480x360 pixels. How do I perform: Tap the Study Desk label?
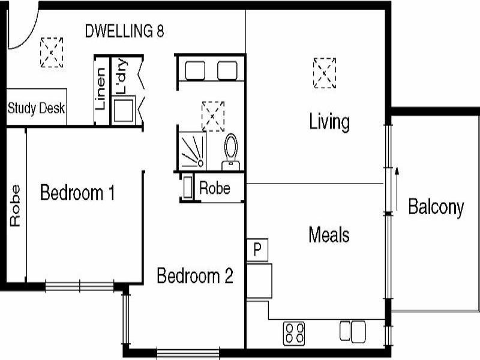click(37, 109)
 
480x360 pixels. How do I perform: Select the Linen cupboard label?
click(101, 90)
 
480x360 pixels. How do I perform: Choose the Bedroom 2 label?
click(194, 276)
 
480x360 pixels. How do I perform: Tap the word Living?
click(329, 122)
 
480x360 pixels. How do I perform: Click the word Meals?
click(329, 234)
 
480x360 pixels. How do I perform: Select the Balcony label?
click(436, 207)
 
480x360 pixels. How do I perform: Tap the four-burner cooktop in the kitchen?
click(294, 332)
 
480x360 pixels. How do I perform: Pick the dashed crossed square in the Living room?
click(325, 73)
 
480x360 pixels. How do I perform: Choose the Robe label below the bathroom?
click(215, 188)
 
